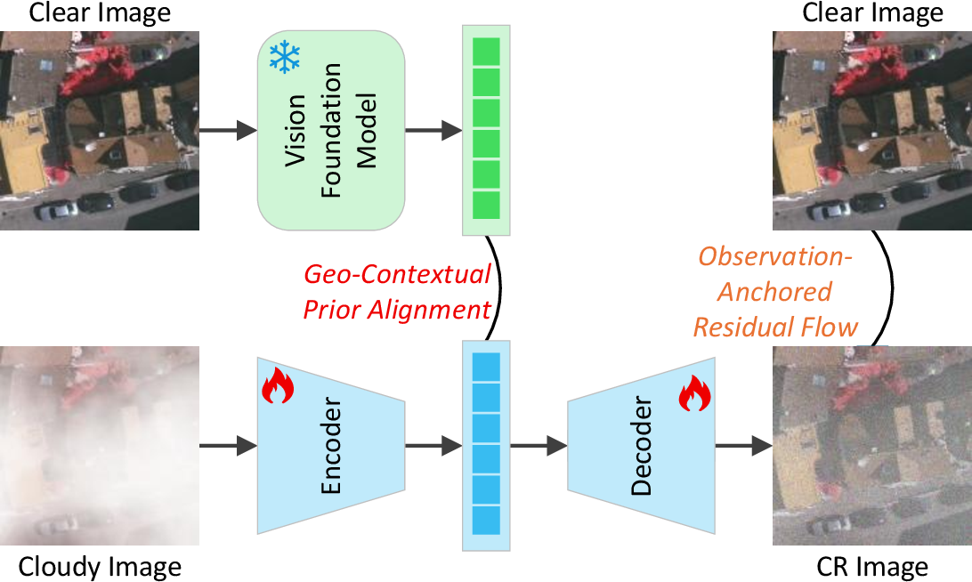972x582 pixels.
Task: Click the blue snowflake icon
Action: click(x=285, y=57)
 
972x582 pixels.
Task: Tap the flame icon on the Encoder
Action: click(x=277, y=385)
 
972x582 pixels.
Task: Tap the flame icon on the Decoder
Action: click(x=694, y=393)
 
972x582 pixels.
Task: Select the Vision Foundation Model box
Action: click(x=331, y=130)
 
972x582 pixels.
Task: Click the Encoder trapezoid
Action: click(x=331, y=445)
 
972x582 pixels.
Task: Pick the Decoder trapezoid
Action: click(x=642, y=445)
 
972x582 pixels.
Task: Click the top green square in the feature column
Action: click(x=486, y=52)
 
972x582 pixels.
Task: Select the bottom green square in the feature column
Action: click(x=486, y=206)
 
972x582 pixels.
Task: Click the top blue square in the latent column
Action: click(x=486, y=367)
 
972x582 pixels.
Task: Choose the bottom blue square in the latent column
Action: click(x=486, y=521)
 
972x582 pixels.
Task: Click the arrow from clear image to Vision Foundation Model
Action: click(x=228, y=130)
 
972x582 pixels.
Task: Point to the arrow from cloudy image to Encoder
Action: click(x=228, y=445)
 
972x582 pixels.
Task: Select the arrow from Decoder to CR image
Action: click(x=744, y=445)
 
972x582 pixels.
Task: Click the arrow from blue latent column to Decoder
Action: click(x=539, y=445)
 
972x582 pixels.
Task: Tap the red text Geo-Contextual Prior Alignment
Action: click(x=397, y=291)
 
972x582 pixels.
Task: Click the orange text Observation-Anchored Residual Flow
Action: click(x=775, y=291)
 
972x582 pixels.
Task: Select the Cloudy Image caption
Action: click(x=100, y=567)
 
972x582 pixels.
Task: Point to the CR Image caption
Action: click(x=872, y=567)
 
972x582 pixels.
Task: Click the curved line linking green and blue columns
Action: click(x=499, y=288)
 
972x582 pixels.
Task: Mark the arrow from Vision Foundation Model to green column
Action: click(x=434, y=130)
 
